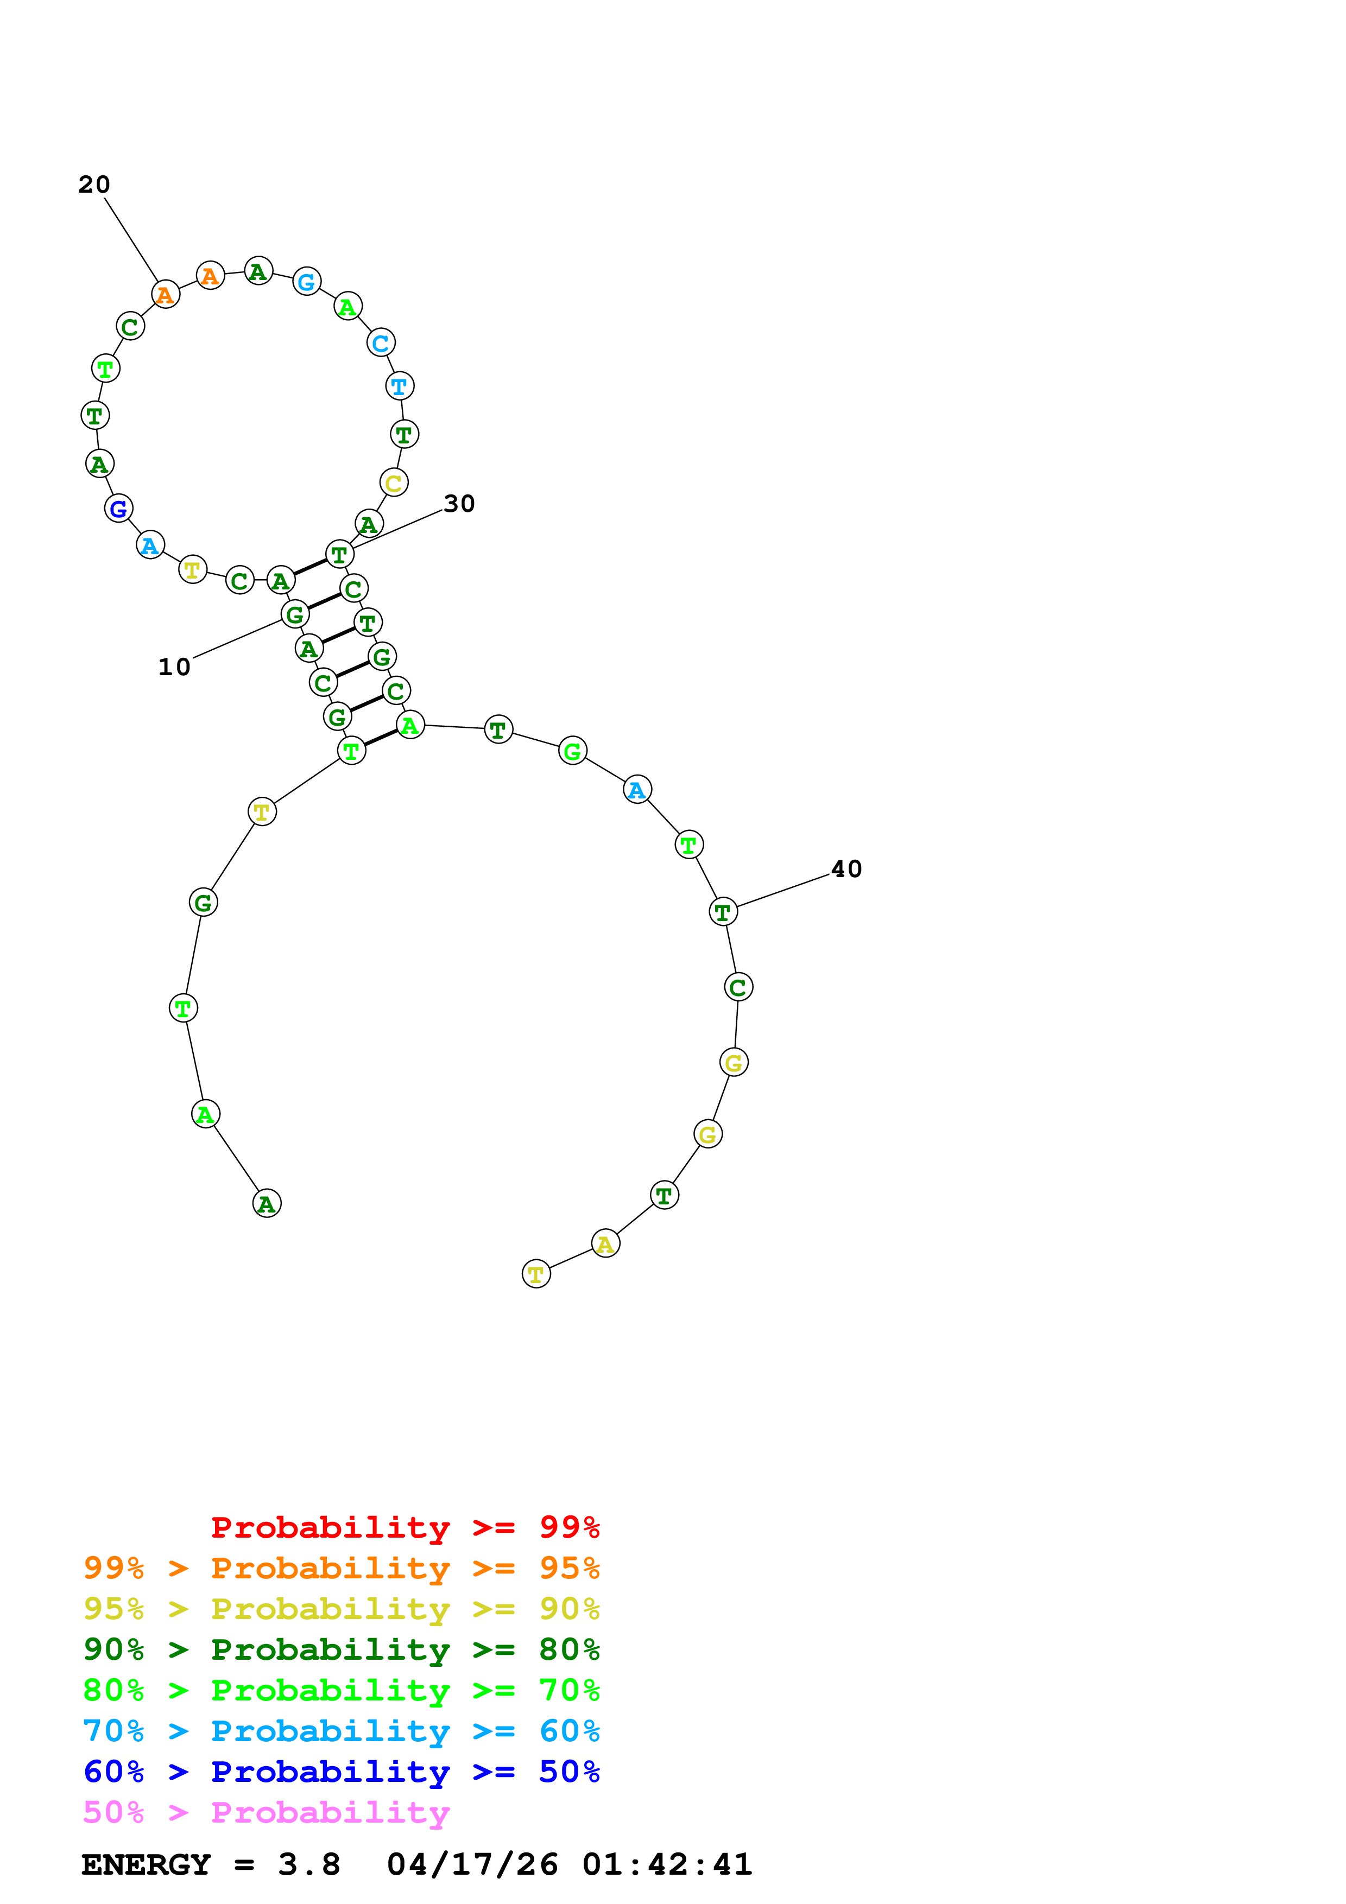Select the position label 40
coord(846,868)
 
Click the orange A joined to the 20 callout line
coord(166,294)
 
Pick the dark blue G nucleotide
coord(118,509)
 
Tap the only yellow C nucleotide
coord(394,483)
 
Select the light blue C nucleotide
coord(381,342)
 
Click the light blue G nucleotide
coord(307,282)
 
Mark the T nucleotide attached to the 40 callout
coord(723,911)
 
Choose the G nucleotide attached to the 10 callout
coord(295,614)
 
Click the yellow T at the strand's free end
coord(536,1274)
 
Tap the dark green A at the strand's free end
coord(266,1203)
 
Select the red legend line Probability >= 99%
coord(405,1527)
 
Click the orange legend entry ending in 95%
coord(341,1568)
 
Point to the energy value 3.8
coord(308,1864)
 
